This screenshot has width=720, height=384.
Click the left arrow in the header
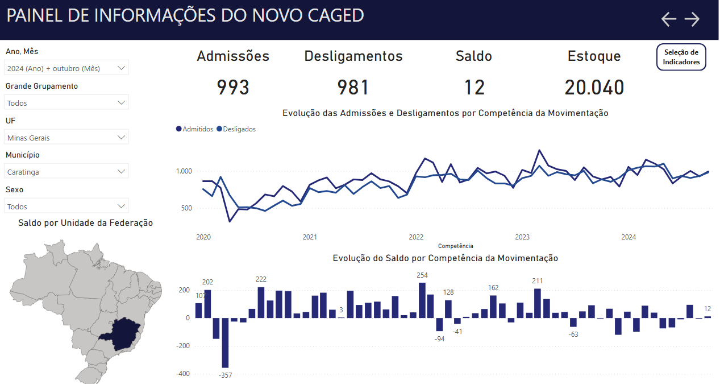pos(669,19)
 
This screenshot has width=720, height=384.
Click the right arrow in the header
pos(692,19)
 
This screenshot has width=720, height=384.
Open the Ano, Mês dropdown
pos(67,68)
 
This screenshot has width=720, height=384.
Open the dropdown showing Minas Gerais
pos(67,138)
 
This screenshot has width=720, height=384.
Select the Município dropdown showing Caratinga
pos(67,171)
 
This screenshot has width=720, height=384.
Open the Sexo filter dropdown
pos(67,207)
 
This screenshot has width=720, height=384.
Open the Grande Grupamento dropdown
pos(67,103)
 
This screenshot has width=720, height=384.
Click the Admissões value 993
pos(233,88)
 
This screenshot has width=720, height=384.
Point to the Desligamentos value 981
pos(353,88)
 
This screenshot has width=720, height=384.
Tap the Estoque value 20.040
pos(594,88)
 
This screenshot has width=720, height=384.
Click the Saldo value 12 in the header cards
pos(474,88)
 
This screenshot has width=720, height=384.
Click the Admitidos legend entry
pos(195,129)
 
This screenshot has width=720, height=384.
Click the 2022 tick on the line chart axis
pos(416,237)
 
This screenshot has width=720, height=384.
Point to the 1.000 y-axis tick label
pos(184,171)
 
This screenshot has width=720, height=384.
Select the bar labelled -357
pos(225,343)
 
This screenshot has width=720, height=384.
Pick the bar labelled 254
pos(422,300)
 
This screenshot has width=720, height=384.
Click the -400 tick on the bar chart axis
pos(182,374)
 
